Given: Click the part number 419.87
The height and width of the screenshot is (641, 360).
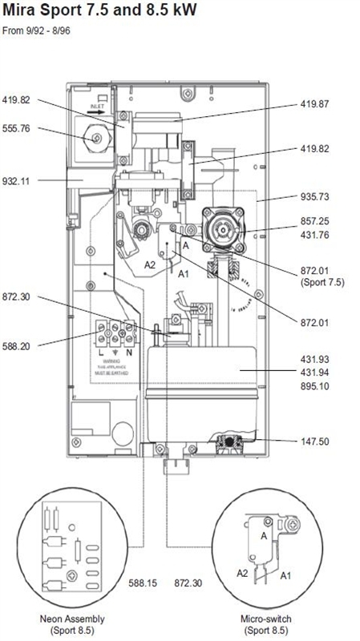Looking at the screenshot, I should (x=315, y=104).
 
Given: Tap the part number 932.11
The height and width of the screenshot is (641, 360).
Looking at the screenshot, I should (x=18, y=182).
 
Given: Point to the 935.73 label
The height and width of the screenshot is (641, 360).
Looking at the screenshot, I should (x=315, y=196).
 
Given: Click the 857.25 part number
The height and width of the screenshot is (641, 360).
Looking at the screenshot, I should (x=315, y=221).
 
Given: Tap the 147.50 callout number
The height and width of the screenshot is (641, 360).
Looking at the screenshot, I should (x=315, y=441).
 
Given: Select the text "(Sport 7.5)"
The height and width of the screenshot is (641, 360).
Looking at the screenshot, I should (x=322, y=283).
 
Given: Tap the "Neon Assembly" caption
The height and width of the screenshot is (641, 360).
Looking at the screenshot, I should (x=72, y=619).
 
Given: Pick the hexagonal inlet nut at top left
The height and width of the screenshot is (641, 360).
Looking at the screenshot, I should (x=97, y=138).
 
